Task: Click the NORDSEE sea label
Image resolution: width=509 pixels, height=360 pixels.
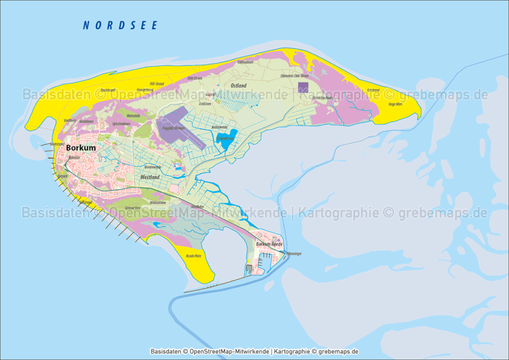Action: [120, 25]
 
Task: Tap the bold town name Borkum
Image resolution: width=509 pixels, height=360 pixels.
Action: [81, 148]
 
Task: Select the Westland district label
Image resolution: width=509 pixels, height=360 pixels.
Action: [150, 177]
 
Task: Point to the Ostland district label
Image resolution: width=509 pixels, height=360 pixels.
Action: [239, 86]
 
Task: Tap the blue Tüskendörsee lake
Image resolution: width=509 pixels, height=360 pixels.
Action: [225, 140]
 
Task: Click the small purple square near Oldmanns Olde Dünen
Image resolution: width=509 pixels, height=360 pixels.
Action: [303, 88]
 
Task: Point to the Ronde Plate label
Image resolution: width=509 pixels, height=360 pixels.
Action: [193, 256]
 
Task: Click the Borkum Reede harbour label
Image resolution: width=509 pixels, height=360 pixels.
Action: [269, 244]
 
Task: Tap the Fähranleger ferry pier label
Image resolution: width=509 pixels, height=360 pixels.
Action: [294, 254]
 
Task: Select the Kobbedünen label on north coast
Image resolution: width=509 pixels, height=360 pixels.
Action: [246, 63]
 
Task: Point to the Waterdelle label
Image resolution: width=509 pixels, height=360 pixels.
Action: [133, 115]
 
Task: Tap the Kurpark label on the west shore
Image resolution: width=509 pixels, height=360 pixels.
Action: [62, 176]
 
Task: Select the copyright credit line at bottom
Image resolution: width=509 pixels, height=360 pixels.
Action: [254, 351]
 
